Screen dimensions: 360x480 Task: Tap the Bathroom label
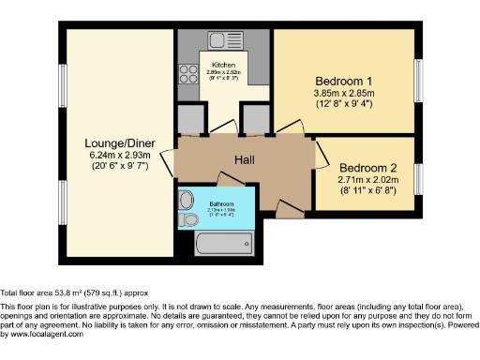pyautogui.click(x=221, y=203)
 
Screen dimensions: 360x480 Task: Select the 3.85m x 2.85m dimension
pyautogui.click(x=343, y=93)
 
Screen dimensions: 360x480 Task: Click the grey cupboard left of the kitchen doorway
pyautogui.click(x=190, y=119)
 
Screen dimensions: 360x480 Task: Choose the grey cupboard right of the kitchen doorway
pyautogui.click(x=255, y=119)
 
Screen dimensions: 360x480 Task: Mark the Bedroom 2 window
pyautogui.click(x=418, y=173)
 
